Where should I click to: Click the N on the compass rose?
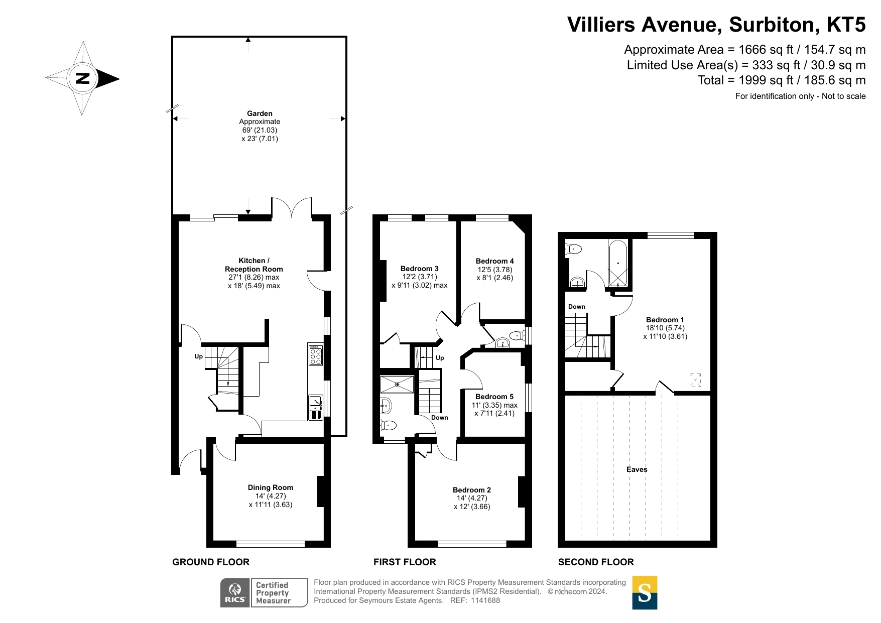tap(82, 78)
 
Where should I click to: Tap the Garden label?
tap(260, 113)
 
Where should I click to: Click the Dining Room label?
tap(271, 487)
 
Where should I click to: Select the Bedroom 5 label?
tap(494, 397)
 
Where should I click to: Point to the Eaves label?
tap(637, 469)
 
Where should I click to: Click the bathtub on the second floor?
tap(618, 264)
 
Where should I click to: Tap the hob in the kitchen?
tap(316, 355)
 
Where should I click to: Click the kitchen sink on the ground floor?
tap(316, 407)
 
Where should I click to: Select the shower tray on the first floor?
tap(397, 384)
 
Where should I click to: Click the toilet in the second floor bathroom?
tap(573, 248)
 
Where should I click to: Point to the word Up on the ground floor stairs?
tap(199, 356)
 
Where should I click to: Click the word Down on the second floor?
tap(577, 307)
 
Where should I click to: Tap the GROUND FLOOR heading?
tap(211, 562)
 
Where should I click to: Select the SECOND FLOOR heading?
tap(596, 562)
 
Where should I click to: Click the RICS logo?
tap(235, 593)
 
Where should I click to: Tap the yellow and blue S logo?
tap(645, 593)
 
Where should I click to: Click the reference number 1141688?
tap(485, 600)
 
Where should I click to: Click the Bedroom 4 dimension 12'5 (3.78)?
tap(495, 270)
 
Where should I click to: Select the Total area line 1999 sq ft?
tap(782, 80)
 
